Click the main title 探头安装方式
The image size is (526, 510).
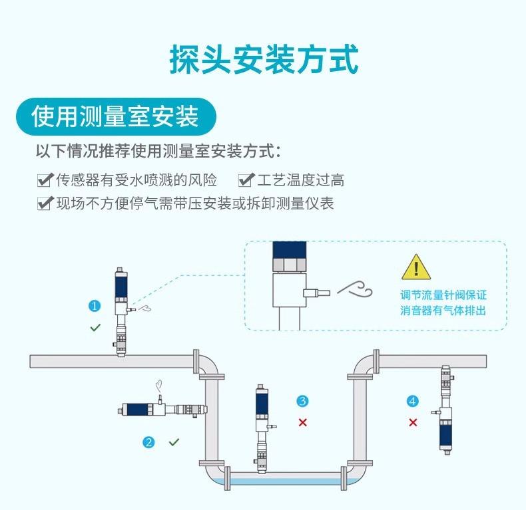coord(263,59)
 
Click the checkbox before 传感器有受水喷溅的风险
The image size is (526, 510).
coord(45,180)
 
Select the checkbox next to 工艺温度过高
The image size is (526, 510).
coord(246,180)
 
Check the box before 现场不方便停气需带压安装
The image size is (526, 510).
coord(45,203)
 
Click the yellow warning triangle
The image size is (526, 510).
coord(415,267)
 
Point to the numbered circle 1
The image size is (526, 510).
coord(95,306)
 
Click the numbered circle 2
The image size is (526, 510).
coord(149,442)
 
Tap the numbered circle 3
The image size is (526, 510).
coord(302,400)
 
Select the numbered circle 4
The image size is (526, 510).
coord(413,400)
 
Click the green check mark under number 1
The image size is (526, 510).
coord(95,328)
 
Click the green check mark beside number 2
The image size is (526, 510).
coord(174,442)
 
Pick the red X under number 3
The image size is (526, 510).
coord(302,422)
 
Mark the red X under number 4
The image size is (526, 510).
coord(413,422)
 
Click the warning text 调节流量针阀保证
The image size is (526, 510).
coord(443,295)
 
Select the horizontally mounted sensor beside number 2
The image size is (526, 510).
coord(164,408)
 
